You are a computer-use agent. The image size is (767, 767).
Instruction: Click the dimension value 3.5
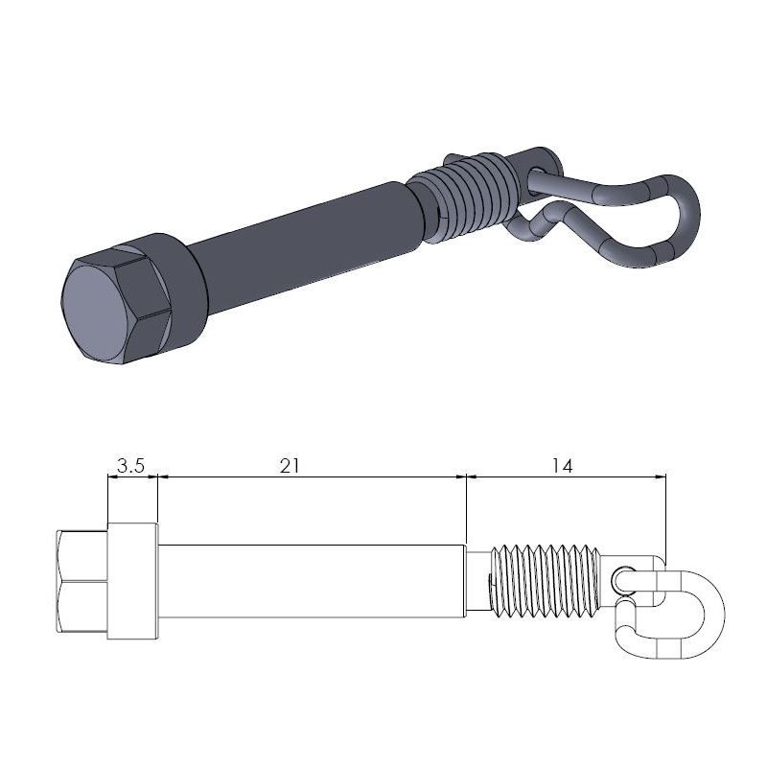tap(130, 466)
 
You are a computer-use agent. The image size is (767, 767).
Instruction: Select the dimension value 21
tap(291, 466)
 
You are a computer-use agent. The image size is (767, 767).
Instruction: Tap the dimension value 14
tap(563, 466)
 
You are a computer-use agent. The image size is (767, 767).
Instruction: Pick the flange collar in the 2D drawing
tap(132, 581)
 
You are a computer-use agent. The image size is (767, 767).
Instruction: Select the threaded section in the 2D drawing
tap(545, 581)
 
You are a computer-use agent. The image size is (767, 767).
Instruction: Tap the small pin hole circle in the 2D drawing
tap(623, 578)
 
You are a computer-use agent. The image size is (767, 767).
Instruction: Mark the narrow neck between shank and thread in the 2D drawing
tap(477, 581)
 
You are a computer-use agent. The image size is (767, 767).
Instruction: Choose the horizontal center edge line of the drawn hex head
tap(82, 581)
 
